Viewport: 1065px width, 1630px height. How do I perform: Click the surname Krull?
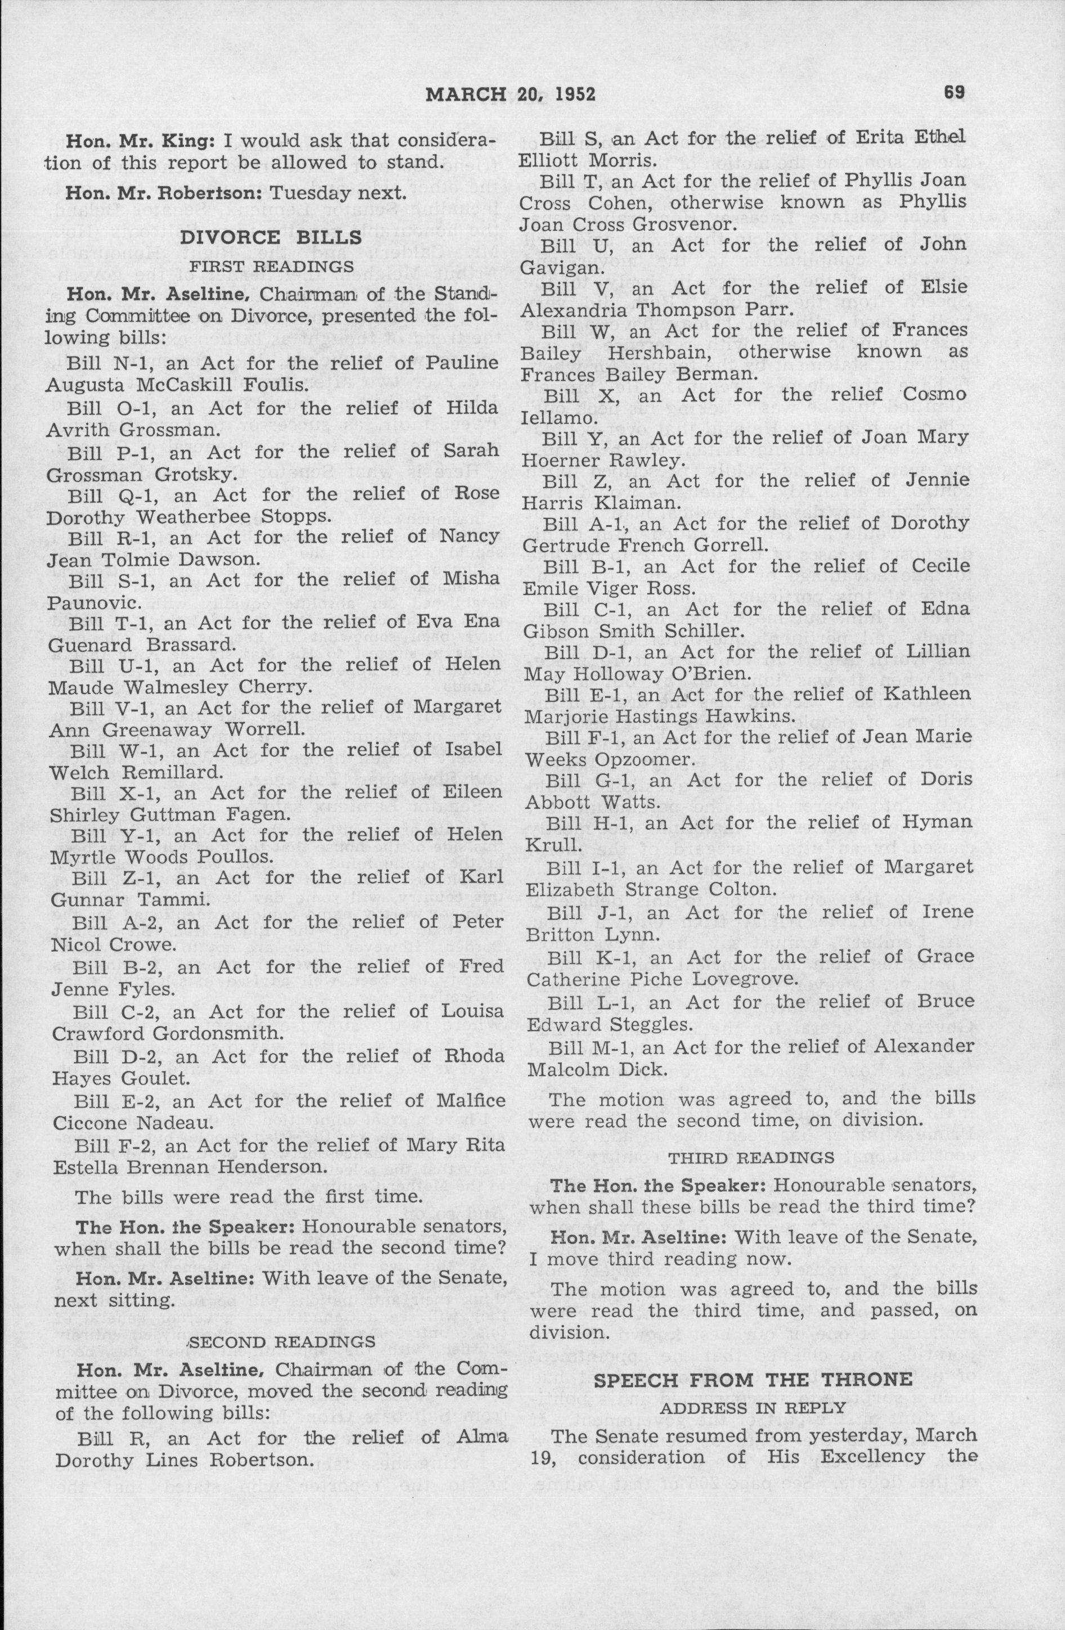click(549, 847)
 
